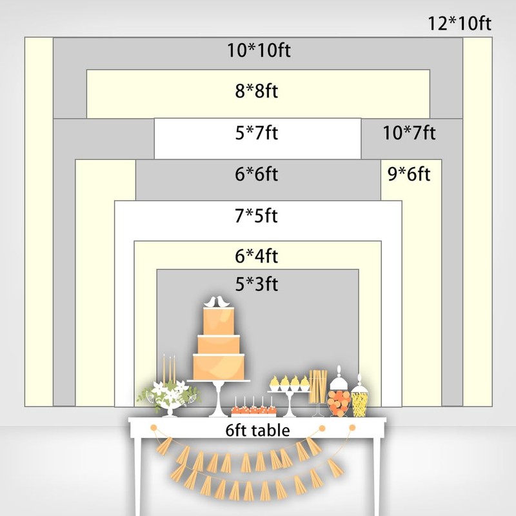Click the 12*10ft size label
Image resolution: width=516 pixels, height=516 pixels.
pyautogui.click(x=460, y=25)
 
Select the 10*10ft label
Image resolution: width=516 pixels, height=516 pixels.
pyautogui.click(x=258, y=50)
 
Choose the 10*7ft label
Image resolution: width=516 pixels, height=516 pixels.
pyautogui.click(x=409, y=134)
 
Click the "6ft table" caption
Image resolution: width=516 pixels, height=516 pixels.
pyautogui.click(x=257, y=430)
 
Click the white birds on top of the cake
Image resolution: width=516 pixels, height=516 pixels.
pyautogui.click(x=217, y=302)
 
